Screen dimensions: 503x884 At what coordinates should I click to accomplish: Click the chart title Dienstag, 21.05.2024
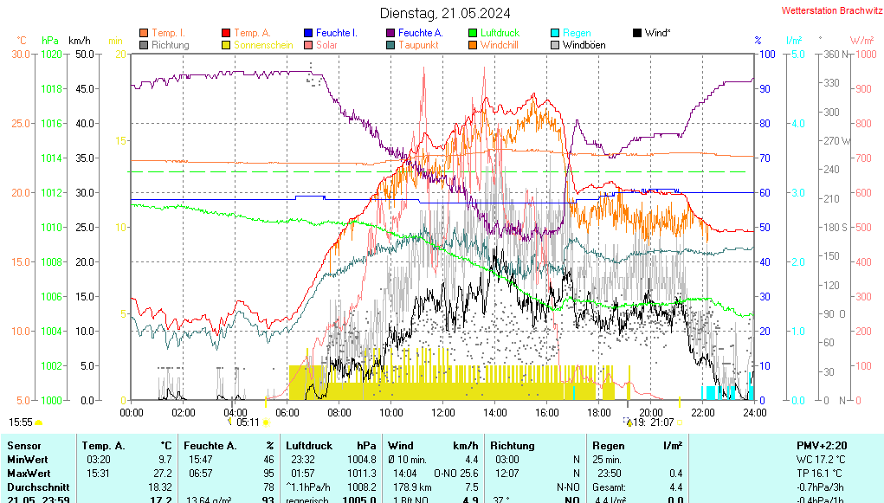pyautogui.click(x=445, y=13)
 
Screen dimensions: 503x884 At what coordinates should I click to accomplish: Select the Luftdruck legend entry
pyautogui.click(x=500, y=33)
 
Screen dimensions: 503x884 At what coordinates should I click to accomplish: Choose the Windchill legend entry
pyautogui.click(x=500, y=45)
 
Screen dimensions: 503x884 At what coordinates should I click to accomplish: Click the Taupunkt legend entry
pyautogui.click(x=418, y=45)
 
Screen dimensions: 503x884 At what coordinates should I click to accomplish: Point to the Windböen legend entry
pyautogui.click(x=584, y=45)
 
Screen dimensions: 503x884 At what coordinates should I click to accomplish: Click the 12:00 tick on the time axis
pyautogui.click(x=443, y=412)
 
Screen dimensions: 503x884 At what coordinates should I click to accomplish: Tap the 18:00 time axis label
pyautogui.click(x=599, y=412)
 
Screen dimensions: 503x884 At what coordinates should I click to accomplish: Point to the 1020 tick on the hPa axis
pyautogui.click(x=51, y=54)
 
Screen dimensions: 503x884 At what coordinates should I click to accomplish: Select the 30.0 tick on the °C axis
pyautogui.click(x=21, y=54)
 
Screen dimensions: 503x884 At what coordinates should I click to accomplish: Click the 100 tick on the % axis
pyautogui.click(x=765, y=54)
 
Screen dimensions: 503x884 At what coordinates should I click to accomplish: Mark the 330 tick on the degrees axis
pyautogui.click(x=832, y=83)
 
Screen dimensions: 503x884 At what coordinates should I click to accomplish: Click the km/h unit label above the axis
pyautogui.click(x=79, y=41)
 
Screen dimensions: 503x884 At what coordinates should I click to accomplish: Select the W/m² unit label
pyautogui.click(x=861, y=41)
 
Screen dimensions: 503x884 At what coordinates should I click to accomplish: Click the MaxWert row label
pyautogui.click(x=28, y=473)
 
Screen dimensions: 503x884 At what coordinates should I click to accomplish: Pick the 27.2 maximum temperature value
pyautogui.click(x=163, y=473)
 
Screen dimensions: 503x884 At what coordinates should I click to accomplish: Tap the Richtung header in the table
pyautogui.click(x=512, y=445)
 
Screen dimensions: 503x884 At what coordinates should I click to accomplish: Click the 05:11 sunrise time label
pyautogui.click(x=248, y=422)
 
